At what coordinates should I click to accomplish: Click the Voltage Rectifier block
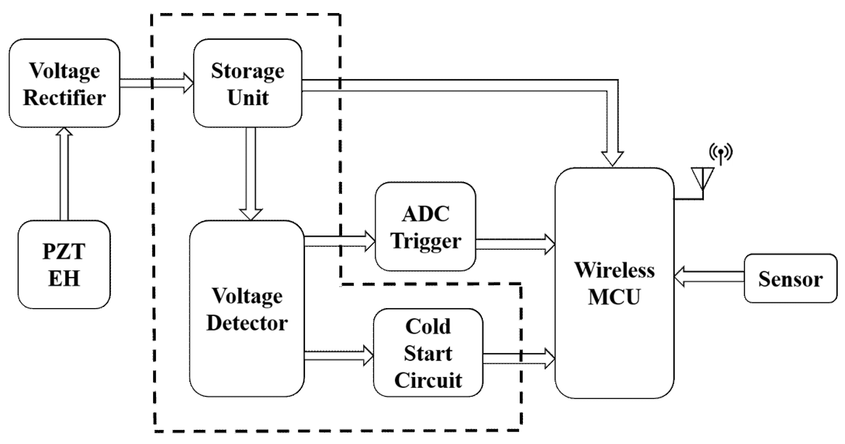point(64,83)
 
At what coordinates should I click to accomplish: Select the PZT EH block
point(64,265)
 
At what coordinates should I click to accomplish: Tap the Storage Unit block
point(248,83)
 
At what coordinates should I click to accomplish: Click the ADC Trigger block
point(425,227)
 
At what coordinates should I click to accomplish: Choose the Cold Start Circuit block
point(428,353)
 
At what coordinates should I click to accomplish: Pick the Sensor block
point(790,279)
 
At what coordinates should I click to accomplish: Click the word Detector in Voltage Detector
point(247,323)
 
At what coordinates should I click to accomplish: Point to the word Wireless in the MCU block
point(615,270)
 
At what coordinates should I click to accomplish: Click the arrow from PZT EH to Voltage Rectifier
point(64,174)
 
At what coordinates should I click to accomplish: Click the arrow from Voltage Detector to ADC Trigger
point(339,241)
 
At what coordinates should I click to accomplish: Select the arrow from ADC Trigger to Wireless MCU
point(515,244)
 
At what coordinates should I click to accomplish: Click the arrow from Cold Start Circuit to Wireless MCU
point(518,358)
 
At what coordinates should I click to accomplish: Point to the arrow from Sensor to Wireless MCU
point(708,277)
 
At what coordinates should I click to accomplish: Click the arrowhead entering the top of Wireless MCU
point(612,158)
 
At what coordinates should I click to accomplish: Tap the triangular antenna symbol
point(703,178)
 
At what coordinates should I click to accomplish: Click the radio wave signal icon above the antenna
point(721,153)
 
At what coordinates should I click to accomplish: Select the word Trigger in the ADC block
point(426,241)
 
